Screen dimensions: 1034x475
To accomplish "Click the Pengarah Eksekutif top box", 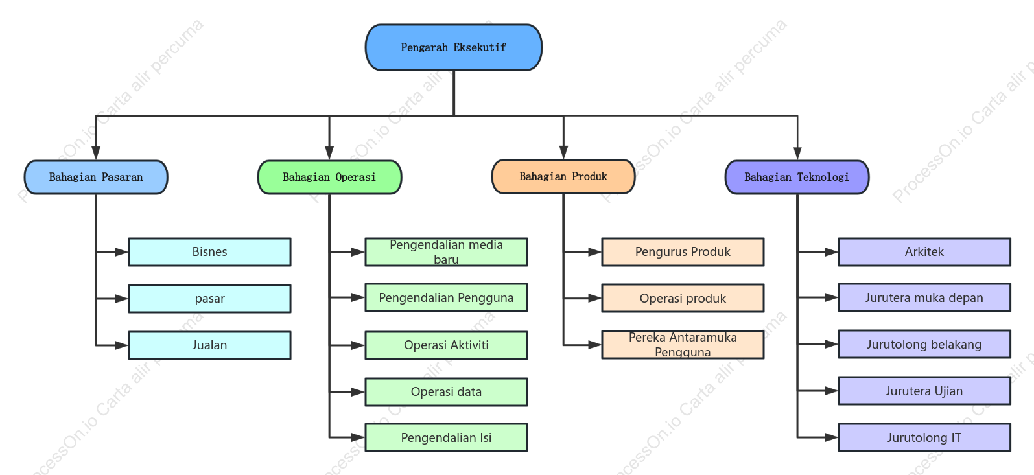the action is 453,47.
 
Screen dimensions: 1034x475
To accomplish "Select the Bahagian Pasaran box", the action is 96,177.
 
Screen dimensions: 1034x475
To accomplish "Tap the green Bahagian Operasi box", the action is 329,177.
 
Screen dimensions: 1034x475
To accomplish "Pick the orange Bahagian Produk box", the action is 563,176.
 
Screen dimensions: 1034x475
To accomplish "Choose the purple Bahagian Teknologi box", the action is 797,177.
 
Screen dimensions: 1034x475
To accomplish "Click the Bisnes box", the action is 209,252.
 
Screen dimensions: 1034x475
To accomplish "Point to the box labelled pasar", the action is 209,299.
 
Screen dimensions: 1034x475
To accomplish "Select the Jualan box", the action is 209,345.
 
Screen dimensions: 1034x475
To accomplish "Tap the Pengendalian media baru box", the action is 447,252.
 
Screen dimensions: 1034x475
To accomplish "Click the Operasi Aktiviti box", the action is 447,345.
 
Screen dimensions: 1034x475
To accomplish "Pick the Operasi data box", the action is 447,392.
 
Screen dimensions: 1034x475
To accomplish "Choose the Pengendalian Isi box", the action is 447,437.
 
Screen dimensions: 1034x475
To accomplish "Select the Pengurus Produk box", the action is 683,252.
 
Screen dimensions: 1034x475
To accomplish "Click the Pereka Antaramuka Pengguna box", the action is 683,345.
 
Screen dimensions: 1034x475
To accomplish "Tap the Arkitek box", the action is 924,252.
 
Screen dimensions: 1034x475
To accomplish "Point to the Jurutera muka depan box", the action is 924,297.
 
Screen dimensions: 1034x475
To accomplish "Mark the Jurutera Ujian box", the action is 924,391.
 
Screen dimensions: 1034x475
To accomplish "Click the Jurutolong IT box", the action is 924,437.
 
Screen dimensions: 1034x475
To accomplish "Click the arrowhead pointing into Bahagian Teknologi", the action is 797,153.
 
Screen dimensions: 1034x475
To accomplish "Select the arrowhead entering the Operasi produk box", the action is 594,299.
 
